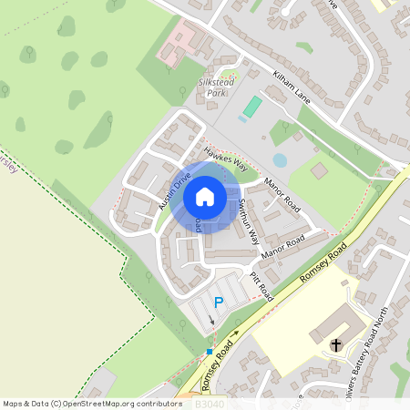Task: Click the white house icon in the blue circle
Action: click(205, 196)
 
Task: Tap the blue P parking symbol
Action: click(217, 302)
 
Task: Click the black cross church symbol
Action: click(336, 344)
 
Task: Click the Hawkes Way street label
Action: click(226, 159)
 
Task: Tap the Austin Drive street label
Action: click(174, 190)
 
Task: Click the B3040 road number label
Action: click(210, 401)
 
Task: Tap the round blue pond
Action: click(279, 159)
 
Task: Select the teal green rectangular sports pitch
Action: click(252, 107)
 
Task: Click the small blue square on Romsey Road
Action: click(210, 351)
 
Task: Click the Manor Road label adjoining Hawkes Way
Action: click(282, 193)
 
